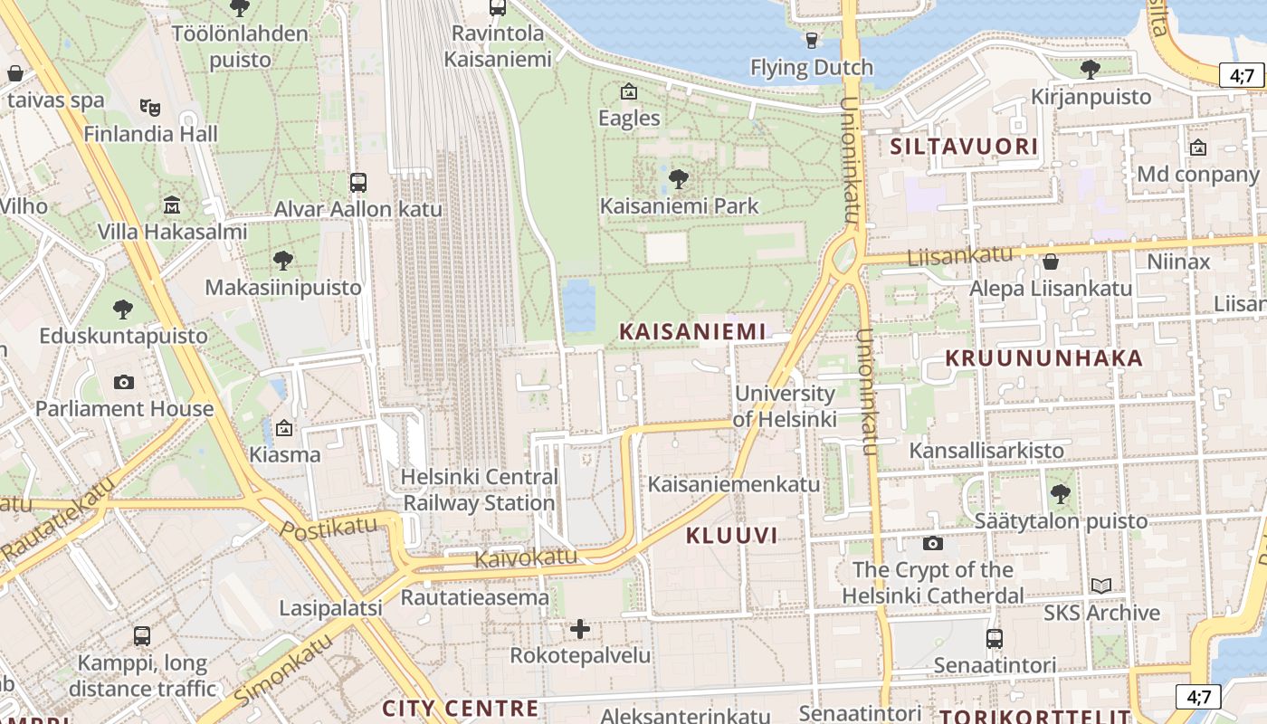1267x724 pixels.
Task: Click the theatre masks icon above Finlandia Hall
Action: click(150, 107)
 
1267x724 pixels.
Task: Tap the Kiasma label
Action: click(284, 454)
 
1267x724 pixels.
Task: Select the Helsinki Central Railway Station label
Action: click(479, 490)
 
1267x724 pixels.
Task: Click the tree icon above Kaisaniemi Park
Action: click(679, 178)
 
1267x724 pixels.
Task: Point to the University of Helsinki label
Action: click(784, 406)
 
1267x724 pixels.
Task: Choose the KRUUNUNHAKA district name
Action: click(1044, 358)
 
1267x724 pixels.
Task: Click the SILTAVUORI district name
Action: click(964, 147)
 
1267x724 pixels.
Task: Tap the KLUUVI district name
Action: click(731, 535)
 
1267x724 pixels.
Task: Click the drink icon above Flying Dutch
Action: click(812, 40)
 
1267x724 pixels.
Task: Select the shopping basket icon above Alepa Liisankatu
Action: click(1051, 262)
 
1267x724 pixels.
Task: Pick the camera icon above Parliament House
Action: click(124, 382)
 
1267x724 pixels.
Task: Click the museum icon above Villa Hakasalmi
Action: click(172, 205)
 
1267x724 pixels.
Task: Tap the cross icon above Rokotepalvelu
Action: click(580, 628)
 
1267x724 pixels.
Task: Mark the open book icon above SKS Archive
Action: click(1100, 586)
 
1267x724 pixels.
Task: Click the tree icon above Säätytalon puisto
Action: click(1060, 494)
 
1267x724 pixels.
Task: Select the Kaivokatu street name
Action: click(526, 557)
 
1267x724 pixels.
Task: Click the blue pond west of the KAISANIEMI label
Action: click(579, 305)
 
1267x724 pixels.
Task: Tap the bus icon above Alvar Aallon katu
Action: click(358, 182)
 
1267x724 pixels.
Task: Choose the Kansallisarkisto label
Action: click(986, 450)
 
